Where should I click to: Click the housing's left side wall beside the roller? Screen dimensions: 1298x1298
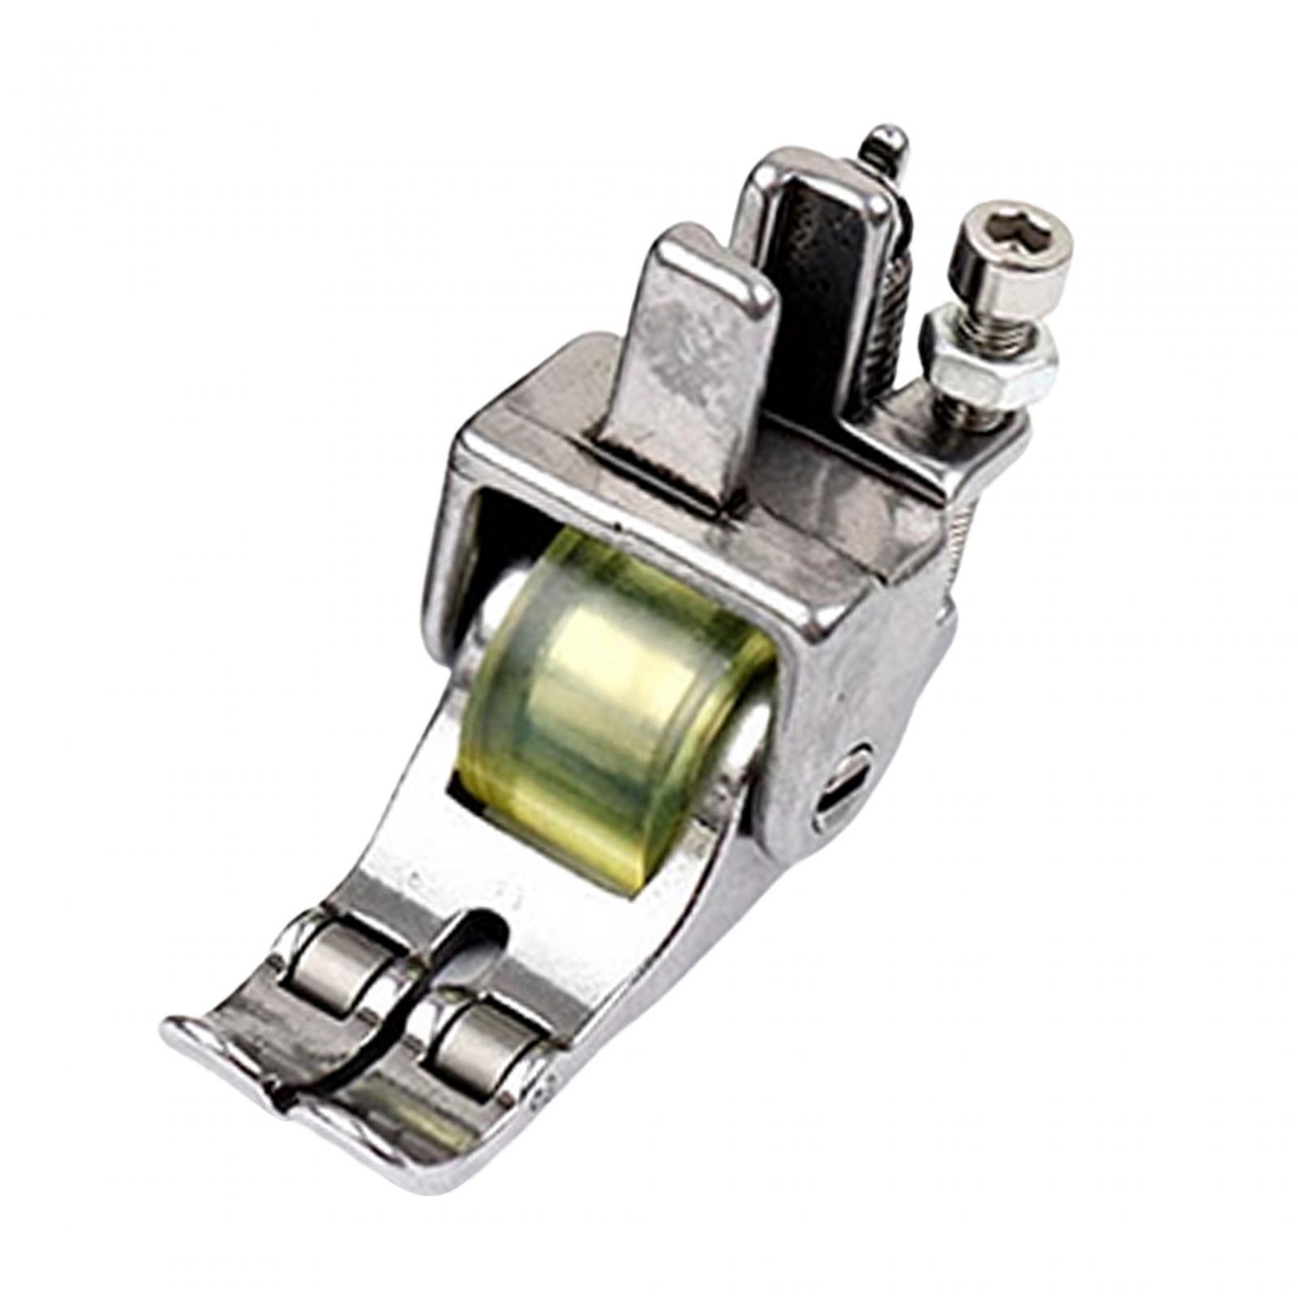pyautogui.click(x=454, y=552)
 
